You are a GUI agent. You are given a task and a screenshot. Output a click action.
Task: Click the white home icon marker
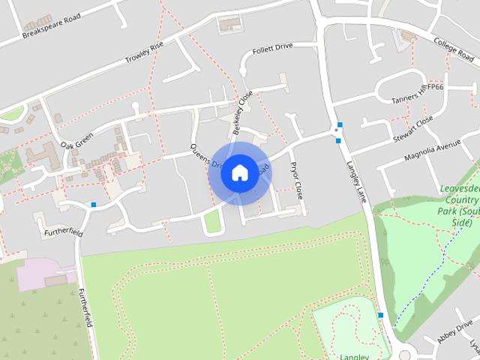coord(239,172)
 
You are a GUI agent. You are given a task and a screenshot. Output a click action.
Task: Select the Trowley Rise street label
coord(144,52)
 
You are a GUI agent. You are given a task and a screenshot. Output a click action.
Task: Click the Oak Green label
coord(76,139)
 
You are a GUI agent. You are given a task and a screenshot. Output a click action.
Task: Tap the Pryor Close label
coord(296,180)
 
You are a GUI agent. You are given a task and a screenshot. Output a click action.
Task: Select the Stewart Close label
coord(413,128)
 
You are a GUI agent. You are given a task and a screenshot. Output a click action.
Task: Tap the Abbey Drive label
coord(457,329)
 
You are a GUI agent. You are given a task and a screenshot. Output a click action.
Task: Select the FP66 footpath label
coord(435,88)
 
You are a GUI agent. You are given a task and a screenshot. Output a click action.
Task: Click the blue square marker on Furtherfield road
coord(94,204)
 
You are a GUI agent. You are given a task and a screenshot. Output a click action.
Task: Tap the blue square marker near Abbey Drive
coord(382,315)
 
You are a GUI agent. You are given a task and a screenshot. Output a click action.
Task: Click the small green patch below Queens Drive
coord(213,220)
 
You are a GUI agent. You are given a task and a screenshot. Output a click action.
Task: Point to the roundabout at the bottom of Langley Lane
coord(407,354)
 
